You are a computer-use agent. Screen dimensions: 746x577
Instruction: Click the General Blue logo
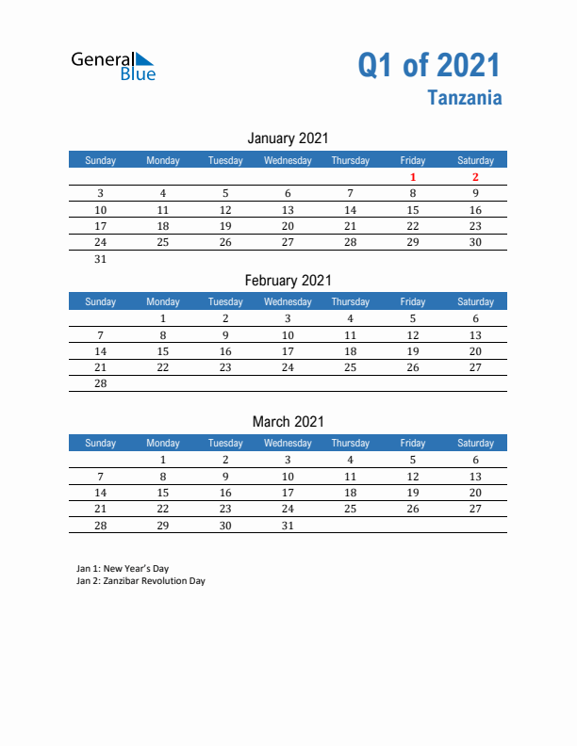pos(113,65)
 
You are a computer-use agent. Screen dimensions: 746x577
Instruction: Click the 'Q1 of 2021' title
pos(429,65)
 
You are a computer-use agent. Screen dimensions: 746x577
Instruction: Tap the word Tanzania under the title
pos(464,97)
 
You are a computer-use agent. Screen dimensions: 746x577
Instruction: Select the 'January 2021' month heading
pos(288,138)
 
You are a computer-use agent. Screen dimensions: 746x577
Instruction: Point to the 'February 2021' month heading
pos(288,280)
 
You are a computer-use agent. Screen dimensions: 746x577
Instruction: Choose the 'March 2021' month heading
pos(288,421)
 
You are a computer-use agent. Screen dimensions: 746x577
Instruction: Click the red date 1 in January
pos(413,177)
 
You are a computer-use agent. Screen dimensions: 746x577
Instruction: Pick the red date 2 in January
pos(475,177)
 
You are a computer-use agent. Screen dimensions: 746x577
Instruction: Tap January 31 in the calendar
pos(101,259)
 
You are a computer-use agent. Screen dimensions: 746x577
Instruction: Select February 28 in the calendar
pos(101,383)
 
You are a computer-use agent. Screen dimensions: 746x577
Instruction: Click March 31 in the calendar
pos(288,526)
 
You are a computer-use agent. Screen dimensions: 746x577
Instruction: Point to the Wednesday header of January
pos(288,160)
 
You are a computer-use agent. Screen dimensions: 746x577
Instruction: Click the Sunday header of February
pos(101,301)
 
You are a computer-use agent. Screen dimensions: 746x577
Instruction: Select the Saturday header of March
pos(475,443)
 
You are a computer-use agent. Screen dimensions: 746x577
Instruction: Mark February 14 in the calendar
pos(101,351)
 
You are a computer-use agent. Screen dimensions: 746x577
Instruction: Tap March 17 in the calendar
pos(288,493)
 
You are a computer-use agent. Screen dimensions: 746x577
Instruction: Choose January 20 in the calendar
pos(288,226)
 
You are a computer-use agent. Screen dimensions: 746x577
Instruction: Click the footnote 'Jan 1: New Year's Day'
pos(123,569)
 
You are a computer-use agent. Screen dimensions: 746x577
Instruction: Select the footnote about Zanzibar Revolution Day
pos(140,581)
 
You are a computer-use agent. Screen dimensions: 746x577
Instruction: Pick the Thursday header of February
pos(350,301)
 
